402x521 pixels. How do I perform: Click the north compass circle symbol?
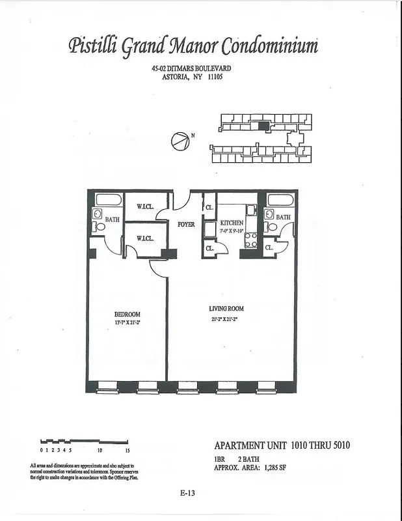[x=180, y=140]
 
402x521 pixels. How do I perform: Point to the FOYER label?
[x=186, y=225]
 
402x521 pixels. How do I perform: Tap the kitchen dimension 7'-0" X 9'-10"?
[x=232, y=231]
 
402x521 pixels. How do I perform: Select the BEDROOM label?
[x=127, y=314]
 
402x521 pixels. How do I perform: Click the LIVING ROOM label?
[x=226, y=309]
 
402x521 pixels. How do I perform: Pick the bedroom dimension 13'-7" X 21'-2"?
[x=127, y=322]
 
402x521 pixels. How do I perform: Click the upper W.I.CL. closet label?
[x=145, y=207]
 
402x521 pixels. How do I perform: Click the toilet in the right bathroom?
[x=271, y=227]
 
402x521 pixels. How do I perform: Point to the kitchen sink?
[x=251, y=210]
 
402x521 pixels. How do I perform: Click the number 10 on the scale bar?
[x=100, y=450]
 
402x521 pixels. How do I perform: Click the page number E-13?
[x=188, y=493]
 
